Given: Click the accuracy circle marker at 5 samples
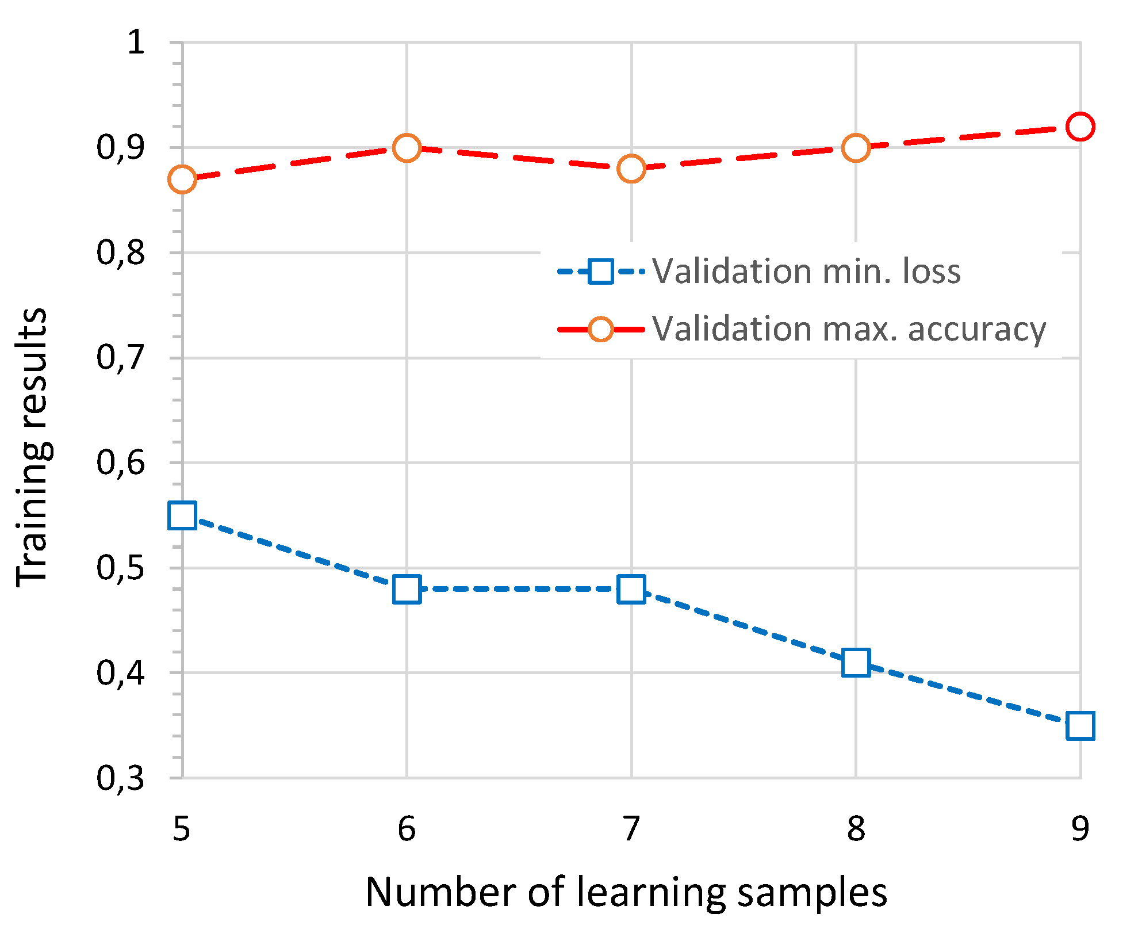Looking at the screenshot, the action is point(182,179).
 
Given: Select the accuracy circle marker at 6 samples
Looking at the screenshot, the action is point(407,148).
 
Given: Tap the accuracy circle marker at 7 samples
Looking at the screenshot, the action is point(631,169).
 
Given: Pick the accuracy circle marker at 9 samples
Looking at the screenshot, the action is point(1080,127).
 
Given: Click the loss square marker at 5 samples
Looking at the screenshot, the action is point(182,515).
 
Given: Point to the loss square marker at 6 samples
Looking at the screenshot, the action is point(407,589).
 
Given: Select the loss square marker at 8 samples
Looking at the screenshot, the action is point(856,663).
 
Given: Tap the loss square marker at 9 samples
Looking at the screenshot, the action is point(1080,726).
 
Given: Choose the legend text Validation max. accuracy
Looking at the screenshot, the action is point(849,330).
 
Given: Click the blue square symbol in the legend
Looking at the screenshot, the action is point(601,270).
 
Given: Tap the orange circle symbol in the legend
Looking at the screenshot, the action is point(601,329).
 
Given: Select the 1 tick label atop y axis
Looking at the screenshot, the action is point(136,42).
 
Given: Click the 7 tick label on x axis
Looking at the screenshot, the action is point(631,829).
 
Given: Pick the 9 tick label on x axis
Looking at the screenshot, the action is point(1080,829).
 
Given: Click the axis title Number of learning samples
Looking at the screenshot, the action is point(626,893).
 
